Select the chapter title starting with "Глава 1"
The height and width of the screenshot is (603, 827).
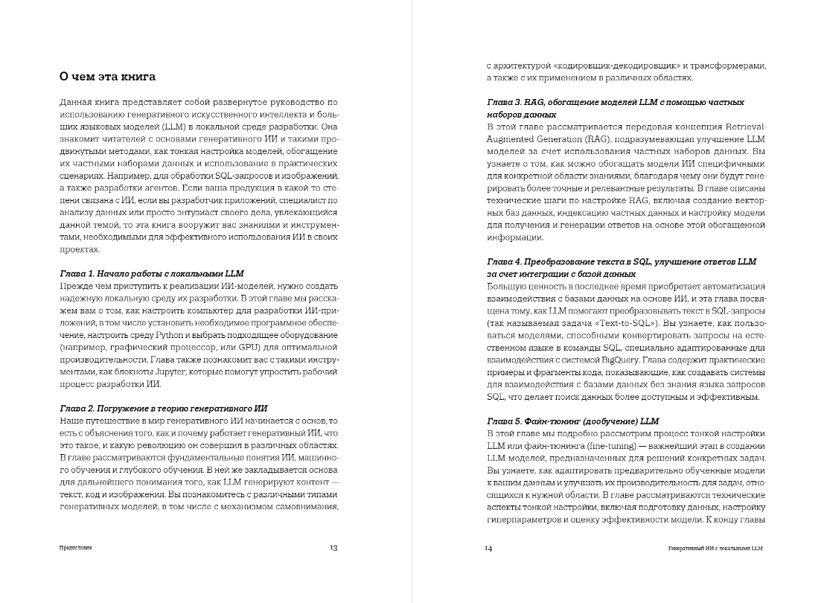(x=151, y=273)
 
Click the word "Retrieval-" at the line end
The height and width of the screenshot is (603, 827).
(x=738, y=126)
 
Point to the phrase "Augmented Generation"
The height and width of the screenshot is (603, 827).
(x=536, y=138)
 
